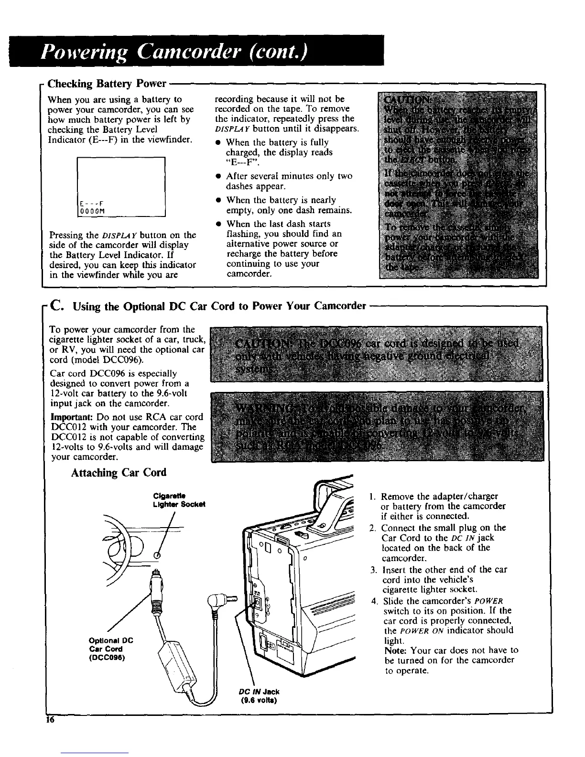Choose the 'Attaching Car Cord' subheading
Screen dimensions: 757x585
tap(119, 473)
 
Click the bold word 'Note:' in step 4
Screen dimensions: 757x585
tap(394, 650)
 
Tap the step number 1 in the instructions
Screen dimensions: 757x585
tap(373, 497)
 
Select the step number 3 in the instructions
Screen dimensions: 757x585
tap(373, 570)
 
